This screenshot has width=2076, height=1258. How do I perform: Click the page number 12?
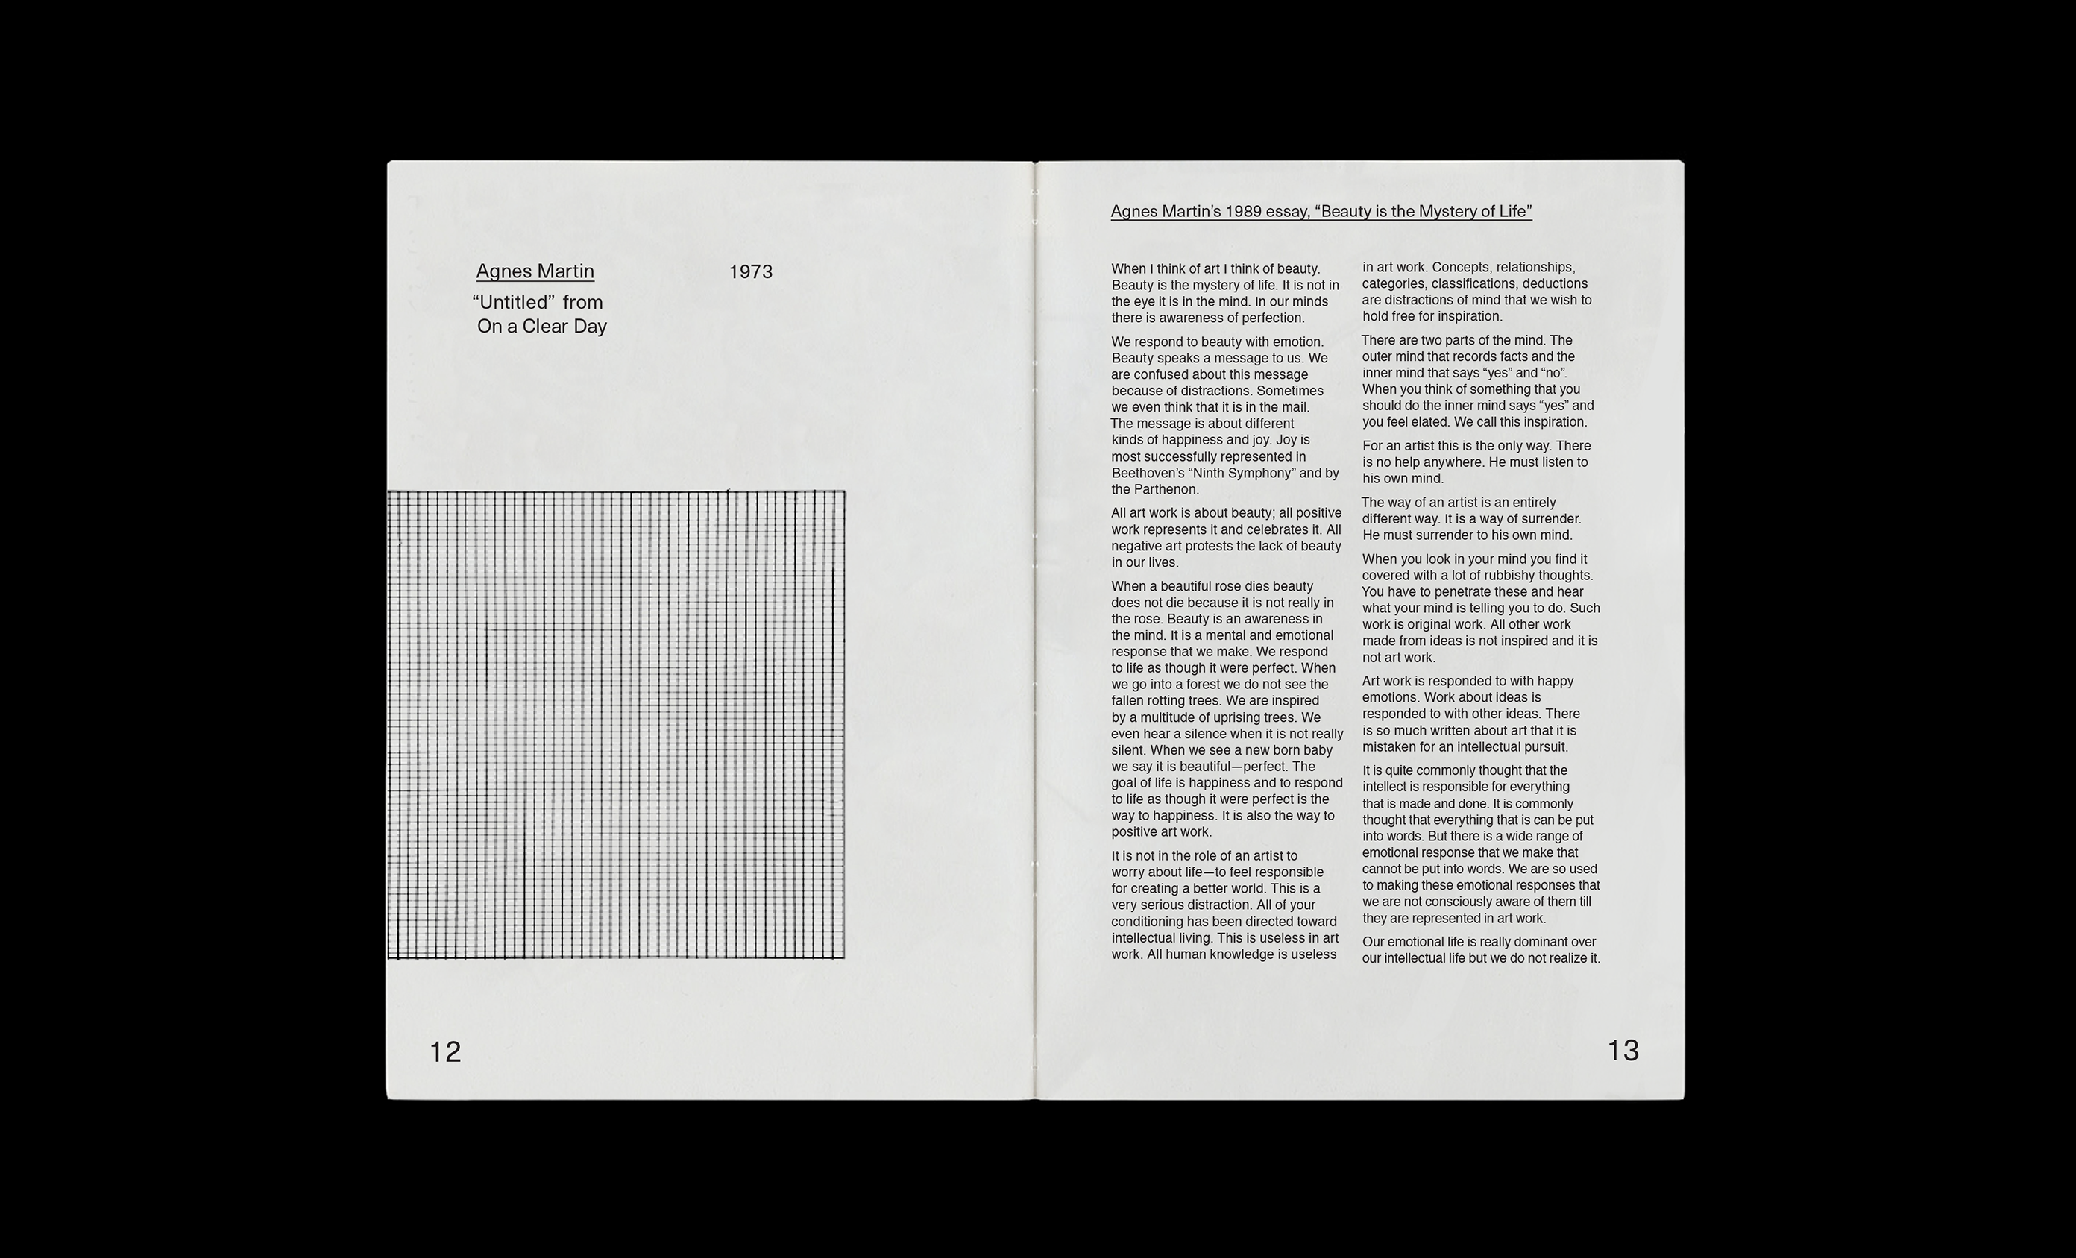pyautogui.click(x=445, y=1051)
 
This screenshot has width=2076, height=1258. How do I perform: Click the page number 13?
pyautogui.click(x=1623, y=1050)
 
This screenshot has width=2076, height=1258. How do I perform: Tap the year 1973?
pyautogui.click(x=750, y=271)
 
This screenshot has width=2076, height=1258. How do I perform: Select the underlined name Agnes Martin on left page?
pyautogui.click(x=535, y=271)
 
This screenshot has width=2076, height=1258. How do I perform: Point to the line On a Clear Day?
pyautogui.click(x=542, y=326)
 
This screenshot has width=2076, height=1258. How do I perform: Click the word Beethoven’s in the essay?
pyautogui.click(x=1145, y=473)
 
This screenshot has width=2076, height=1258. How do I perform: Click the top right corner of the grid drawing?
pyautogui.click(x=844, y=491)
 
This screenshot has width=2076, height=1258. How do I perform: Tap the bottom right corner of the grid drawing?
pyautogui.click(x=844, y=958)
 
